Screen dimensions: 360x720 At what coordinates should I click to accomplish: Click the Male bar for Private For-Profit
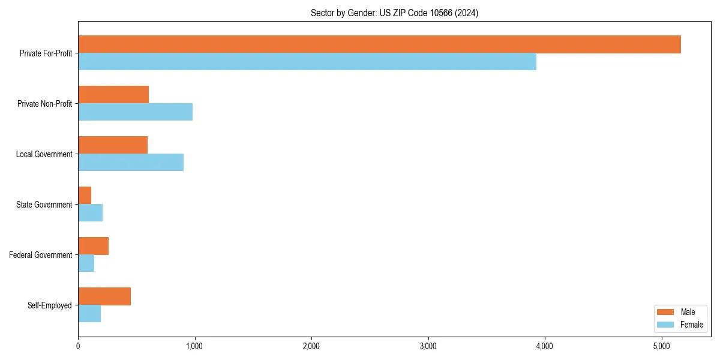(x=379, y=44)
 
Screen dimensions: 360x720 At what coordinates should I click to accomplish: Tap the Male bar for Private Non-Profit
(x=113, y=95)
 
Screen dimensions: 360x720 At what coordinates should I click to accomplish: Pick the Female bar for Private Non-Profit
(x=135, y=112)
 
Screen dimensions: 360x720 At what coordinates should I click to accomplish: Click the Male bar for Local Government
(x=113, y=145)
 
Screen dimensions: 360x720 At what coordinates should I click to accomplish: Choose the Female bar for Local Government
(x=131, y=163)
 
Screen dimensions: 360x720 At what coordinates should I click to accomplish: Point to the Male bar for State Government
(x=85, y=196)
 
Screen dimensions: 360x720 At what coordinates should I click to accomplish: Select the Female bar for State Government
(x=90, y=213)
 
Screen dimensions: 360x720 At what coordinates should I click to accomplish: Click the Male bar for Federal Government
(x=93, y=246)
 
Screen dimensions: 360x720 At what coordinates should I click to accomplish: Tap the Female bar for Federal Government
(x=86, y=263)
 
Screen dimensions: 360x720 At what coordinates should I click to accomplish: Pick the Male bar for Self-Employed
(x=104, y=296)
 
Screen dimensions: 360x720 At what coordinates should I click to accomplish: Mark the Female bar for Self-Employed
(x=89, y=314)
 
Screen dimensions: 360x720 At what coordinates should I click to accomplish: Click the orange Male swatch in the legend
(x=666, y=312)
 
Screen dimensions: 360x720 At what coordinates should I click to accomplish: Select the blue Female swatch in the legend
(x=666, y=325)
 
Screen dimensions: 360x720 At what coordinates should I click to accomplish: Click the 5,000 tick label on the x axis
(x=661, y=346)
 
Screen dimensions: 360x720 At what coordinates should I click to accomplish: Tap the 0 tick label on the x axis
(x=78, y=346)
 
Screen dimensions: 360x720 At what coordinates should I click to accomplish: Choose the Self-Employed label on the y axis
(x=50, y=305)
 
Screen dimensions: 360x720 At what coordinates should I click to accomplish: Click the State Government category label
(x=44, y=205)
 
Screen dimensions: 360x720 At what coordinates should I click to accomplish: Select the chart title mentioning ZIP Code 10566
(x=394, y=13)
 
